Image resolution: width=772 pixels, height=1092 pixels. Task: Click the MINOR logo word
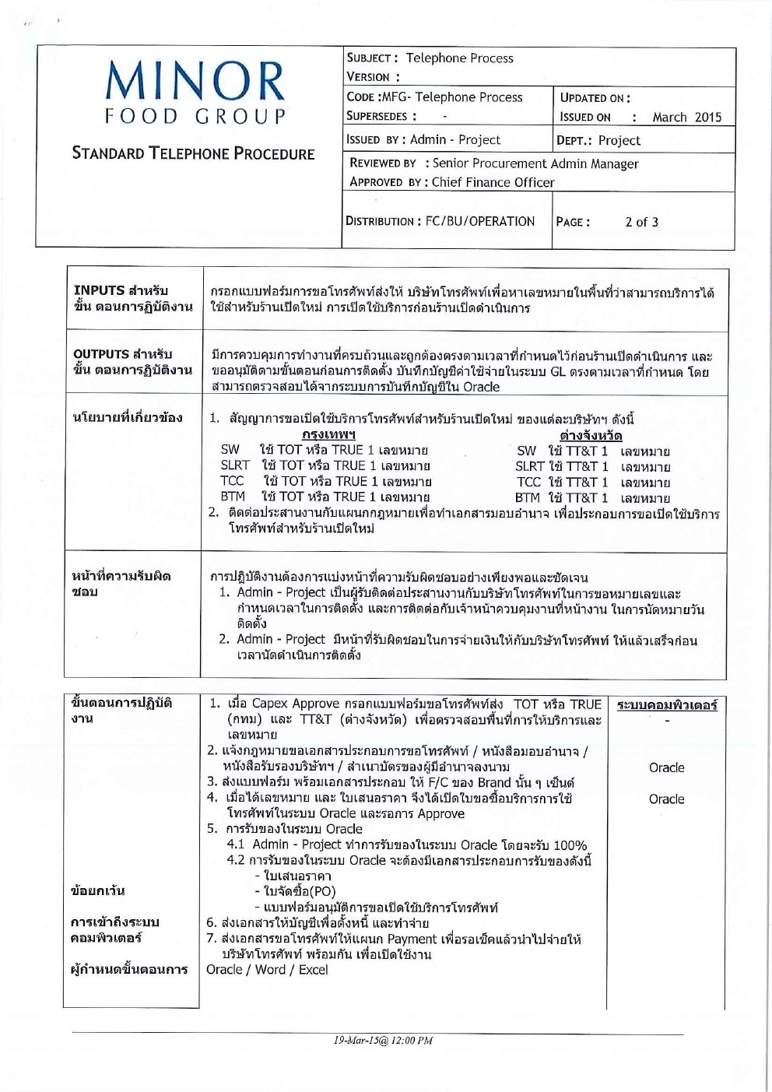[x=195, y=81]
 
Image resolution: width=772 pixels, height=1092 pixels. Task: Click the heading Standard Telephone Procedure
[x=193, y=153]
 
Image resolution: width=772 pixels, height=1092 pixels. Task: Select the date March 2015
[x=686, y=118]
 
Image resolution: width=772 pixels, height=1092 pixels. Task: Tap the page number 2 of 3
[x=641, y=222]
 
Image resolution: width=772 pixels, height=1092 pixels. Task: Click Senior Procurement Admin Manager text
[x=535, y=163]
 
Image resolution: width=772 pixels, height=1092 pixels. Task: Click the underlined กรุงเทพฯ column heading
[x=328, y=434]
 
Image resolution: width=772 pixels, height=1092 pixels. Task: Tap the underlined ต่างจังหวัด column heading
[x=591, y=435]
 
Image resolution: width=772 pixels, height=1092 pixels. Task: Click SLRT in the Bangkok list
[x=234, y=465]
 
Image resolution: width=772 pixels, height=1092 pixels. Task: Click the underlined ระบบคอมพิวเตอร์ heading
[x=667, y=705]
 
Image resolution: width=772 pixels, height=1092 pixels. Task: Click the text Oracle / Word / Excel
[x=267, y=970]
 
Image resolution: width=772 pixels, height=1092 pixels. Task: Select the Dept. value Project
[x=619, y=141]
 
